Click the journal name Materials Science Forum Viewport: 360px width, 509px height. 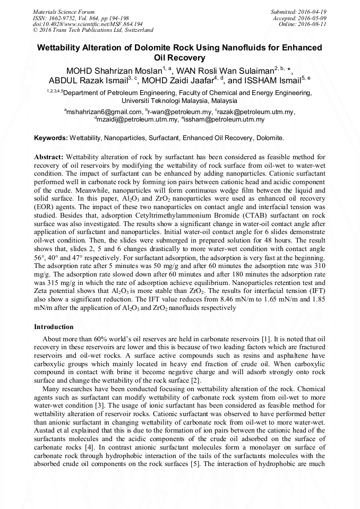64,11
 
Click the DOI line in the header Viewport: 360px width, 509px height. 88,24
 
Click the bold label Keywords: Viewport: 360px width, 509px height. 51,138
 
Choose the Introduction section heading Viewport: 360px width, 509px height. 54,326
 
